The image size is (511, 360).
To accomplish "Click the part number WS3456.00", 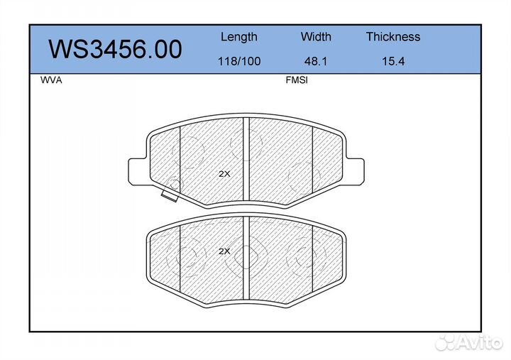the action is click(x=115, y=49).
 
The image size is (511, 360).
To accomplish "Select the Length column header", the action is click(x=239, y=37).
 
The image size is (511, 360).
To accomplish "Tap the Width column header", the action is click(x=316, y=36).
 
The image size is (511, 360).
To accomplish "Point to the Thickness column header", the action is click(x=393, y=36).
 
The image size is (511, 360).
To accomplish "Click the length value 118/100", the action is click(x=239, y=61).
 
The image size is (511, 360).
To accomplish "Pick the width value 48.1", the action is click(x=315, y=61).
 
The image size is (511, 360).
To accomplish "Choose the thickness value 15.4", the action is click(x=393, y=61).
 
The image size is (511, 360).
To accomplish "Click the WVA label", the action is click(x=51, y=80).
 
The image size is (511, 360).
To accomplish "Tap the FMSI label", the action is click(x=297, y=80).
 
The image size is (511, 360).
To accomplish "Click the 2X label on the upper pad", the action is click(x=224, y=174).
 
